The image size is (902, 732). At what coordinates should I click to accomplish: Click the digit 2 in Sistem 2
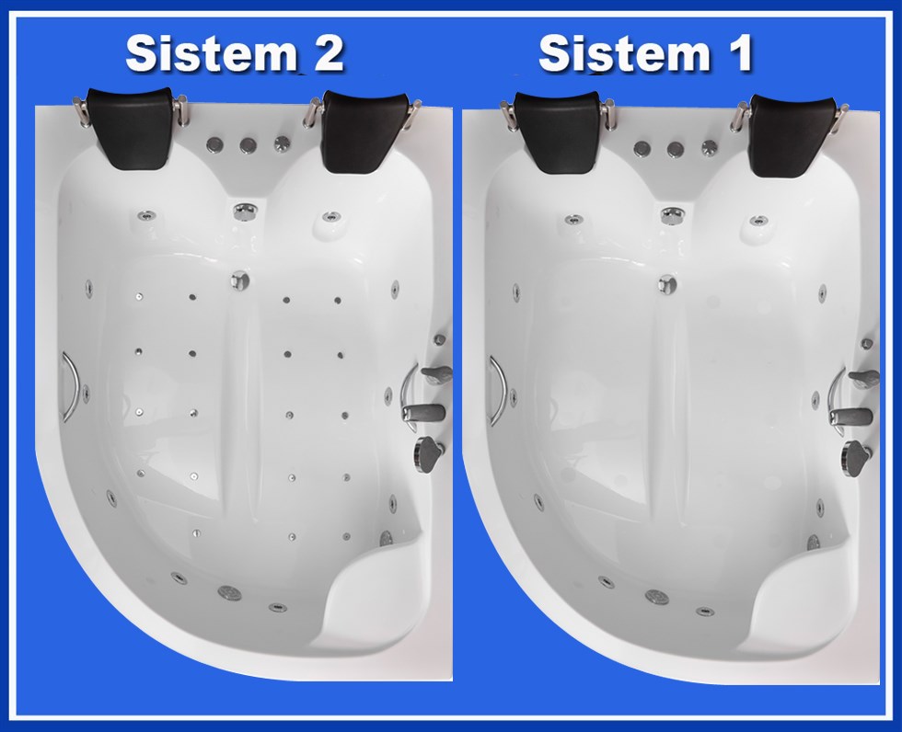click(x=325, y=53)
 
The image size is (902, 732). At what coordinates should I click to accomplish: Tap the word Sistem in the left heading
click(x=211, y=53)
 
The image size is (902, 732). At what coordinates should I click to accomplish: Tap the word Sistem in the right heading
click(x=624, y=53)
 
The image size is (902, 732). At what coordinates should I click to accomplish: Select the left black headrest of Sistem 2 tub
click(x=131, y=128)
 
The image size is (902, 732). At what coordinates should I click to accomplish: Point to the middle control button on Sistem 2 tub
click(x=248, y=145)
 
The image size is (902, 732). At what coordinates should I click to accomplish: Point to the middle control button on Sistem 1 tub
click(x=675, y=149)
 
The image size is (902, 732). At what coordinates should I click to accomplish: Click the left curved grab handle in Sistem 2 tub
click(x=72, y=386)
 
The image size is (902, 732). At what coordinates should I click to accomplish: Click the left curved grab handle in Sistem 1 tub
click(x=499, y=391)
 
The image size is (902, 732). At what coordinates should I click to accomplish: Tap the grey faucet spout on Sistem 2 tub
click(x=424, y=413)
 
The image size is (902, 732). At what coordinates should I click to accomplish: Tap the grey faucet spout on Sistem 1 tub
click(x=851, y=417)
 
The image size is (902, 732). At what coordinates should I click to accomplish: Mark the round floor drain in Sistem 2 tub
click(x=229, y=591)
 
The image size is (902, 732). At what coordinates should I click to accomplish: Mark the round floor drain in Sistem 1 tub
click(x=656, y=597)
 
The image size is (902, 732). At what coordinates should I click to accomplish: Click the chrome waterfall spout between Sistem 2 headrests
click(x=245, y=211)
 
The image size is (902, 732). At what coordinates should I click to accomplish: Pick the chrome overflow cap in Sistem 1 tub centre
click(x=667, y=283)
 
